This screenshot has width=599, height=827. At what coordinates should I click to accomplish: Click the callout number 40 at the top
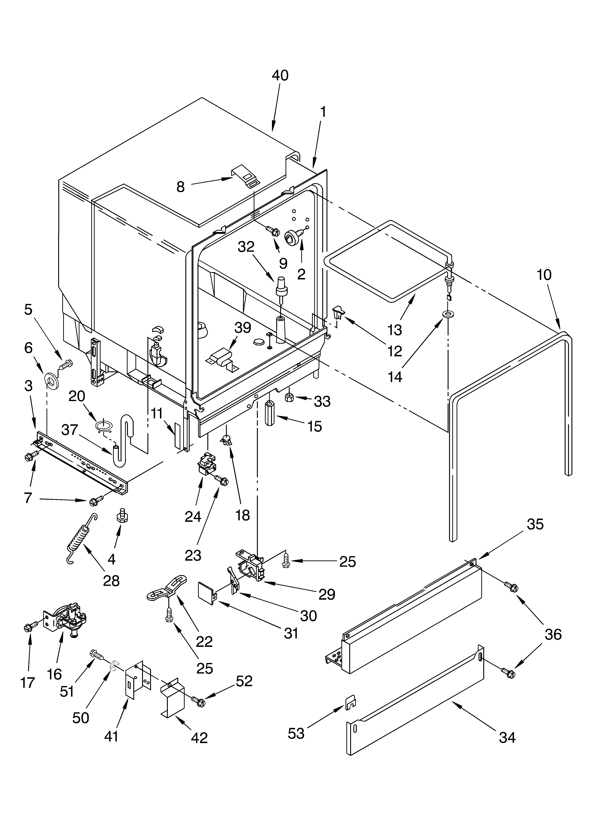pyautogui.click(x=280, y=75)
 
